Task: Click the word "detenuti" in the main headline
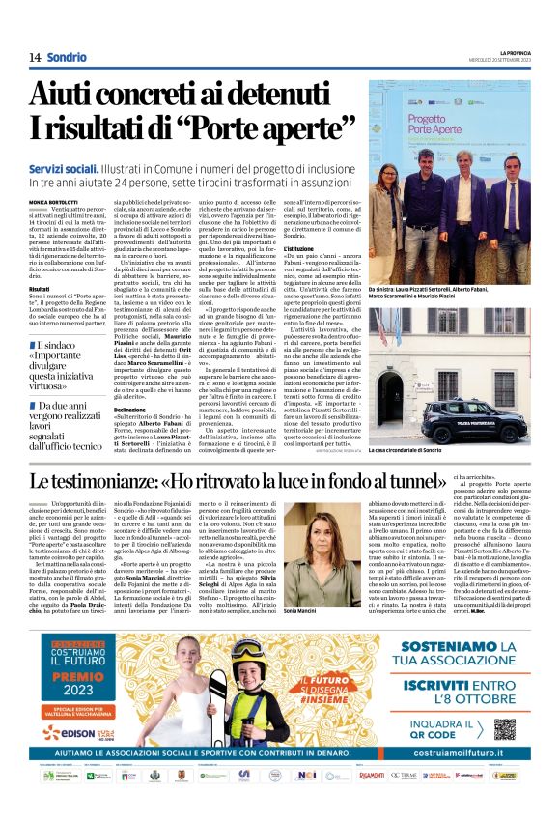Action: pos(278,95)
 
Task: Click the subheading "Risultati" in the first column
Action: pos(40,288)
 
